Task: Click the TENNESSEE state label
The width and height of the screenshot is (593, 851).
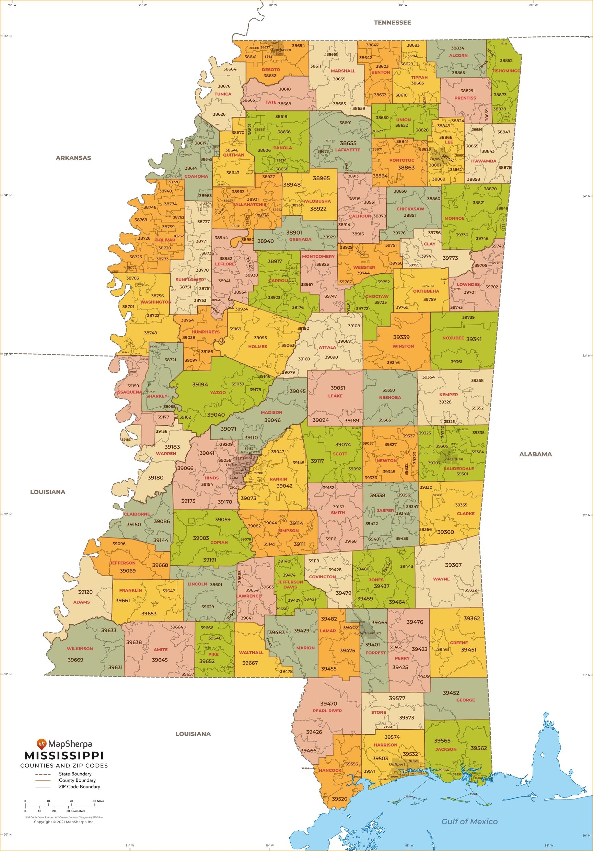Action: (x=392, y=23)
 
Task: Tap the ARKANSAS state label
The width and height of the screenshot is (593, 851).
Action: (x=73, y=158)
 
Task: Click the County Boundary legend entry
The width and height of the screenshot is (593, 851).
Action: (x=77, y=780)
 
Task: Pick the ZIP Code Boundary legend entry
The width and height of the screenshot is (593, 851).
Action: (x=79, y=786)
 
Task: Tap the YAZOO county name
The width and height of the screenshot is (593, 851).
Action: (x=218, y=393)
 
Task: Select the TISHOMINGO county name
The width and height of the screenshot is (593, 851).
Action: (x=506, y=71)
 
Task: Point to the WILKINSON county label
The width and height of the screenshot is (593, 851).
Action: (x=80, y=649)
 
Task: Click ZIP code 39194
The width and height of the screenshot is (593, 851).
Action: (x=200, y=384)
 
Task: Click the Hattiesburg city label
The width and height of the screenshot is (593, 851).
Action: (x=370, y=633)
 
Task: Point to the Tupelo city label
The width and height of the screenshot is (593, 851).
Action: (x=436, y=159)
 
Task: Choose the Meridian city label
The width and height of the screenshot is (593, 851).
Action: (x=454, y=459)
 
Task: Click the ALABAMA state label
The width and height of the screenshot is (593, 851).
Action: (x=535, y=454)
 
